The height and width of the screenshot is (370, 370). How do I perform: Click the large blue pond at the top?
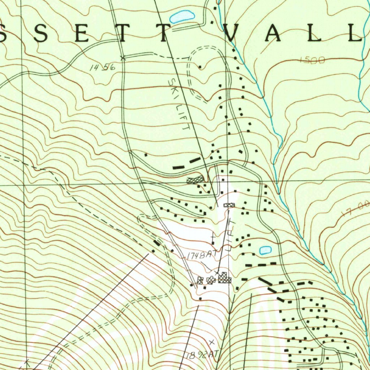click(x=182, y=16)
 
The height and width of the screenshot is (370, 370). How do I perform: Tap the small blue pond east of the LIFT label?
click(x=265, y=250)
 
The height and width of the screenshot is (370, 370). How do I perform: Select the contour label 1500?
click(x=312, y=60)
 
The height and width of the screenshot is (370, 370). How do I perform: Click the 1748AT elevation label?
click(x=201, y=255)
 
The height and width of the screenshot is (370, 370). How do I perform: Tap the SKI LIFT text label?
click(x=179, y=104)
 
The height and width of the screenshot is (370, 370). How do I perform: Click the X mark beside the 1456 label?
click(x=123, y=57)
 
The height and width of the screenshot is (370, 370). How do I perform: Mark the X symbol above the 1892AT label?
click(x=212, y=341)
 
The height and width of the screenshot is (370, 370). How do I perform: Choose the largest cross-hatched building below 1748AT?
click(x=224, y=278)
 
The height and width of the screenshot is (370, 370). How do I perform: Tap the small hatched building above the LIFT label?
click(x=229, y=205)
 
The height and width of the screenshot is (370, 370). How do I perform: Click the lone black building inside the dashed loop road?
click(x=200, y=66)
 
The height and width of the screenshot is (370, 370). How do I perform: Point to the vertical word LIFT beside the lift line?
click(x=232, y=235)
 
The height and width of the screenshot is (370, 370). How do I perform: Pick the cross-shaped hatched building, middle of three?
click(x=211, y=280)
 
